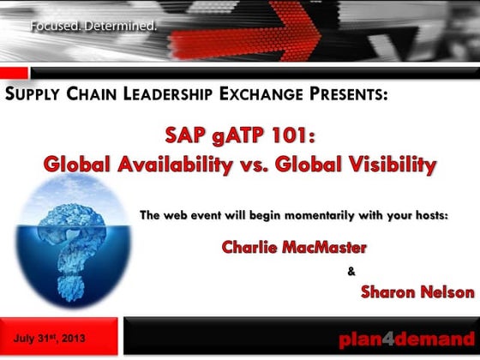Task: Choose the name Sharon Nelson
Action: (417, 291)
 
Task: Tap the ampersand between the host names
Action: (351, 273)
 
